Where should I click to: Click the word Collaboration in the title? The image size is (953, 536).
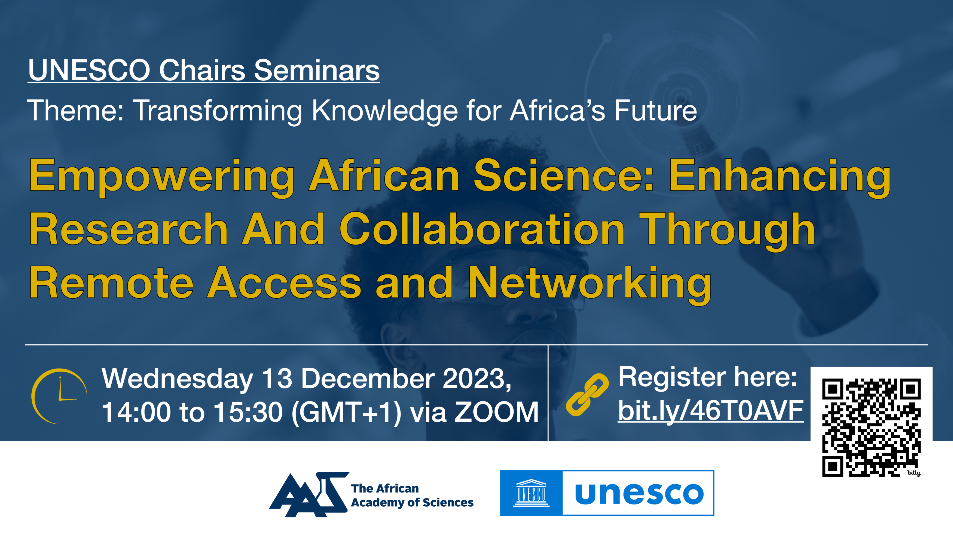coord(482,229)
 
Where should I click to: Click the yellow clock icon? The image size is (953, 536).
coord(59,396)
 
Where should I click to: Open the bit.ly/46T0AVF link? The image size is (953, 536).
coord(711,411)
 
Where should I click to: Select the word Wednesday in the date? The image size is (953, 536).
coord(177,379)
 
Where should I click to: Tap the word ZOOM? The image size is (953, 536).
coord(496,412)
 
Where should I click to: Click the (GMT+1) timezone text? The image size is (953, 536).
coord(347,413)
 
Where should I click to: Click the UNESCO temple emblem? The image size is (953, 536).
coord(531,493)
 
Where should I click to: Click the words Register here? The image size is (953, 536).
coord(707,377)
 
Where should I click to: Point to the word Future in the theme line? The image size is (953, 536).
coord(656,110)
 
